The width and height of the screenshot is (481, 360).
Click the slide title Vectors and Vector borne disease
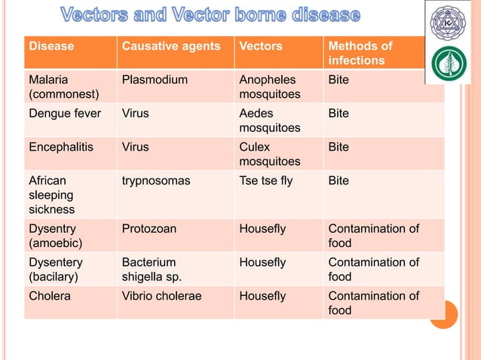tap(210, 15)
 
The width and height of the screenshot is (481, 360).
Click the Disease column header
tap(51, 46)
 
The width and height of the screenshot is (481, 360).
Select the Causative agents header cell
tap(171, 46)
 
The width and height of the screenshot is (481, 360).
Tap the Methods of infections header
tap(360, 53)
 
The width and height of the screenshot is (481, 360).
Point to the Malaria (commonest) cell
tap(56, 87)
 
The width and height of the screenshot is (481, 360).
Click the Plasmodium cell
tap(151, 79)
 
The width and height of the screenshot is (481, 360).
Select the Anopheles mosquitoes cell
tap(269, 87)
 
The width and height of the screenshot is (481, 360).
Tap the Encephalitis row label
tap(61, 147)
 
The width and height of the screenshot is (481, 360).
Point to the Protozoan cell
tap(149, 229)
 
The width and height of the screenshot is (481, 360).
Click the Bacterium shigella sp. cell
tap(152, 270)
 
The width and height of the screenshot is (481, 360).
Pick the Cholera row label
tap(50, 296)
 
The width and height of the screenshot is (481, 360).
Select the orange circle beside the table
tap(444, 315)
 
